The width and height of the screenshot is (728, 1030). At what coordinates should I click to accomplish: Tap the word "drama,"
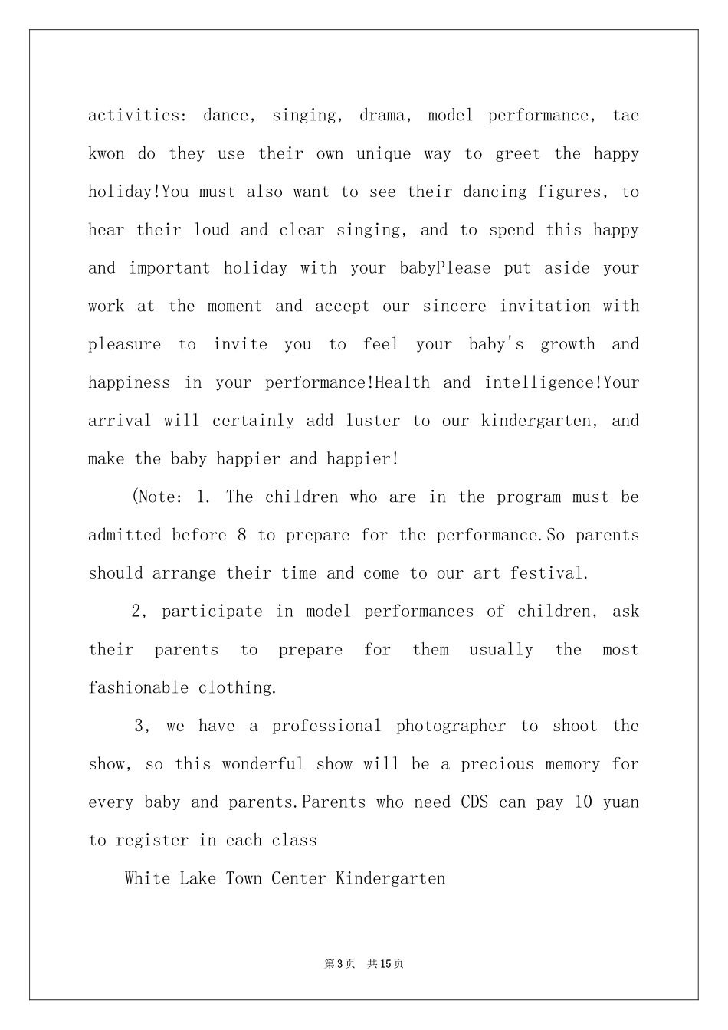tap(386, 116)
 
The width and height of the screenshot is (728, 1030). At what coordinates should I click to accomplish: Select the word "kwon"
tap(106, 154)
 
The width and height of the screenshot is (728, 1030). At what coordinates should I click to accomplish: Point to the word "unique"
tap(383, 154)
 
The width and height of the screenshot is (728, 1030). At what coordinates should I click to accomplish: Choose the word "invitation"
tap(545, 307)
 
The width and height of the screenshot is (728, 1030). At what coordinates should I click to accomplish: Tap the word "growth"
tap(568, 345)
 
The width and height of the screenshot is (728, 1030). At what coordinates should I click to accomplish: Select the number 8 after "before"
tap(242, 535)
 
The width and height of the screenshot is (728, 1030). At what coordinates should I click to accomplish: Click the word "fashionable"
tap(138, 687)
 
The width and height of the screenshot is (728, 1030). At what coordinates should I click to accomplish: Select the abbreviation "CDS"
tap(474, 802)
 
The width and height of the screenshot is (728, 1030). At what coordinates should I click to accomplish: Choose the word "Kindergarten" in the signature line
tap(391, 878)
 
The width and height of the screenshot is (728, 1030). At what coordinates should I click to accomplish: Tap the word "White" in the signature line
tap(147, 878)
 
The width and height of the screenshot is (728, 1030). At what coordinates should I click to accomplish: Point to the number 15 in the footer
tap(386, 964)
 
